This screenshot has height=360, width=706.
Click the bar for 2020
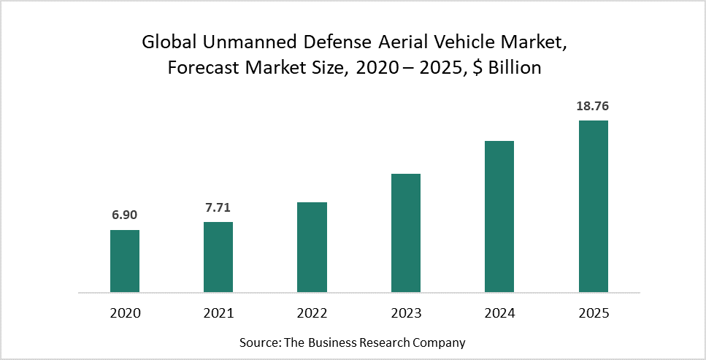coord(125,261)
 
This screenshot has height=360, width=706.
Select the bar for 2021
coord(218,257)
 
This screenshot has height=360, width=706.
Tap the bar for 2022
coord(312,247)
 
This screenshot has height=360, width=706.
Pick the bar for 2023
coord(406,233)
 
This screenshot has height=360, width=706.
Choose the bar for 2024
coord(499,216)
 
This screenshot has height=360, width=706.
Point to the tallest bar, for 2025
coord(593,206)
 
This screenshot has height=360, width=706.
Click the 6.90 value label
coord(125,215)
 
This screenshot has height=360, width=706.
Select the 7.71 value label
coord(218,207)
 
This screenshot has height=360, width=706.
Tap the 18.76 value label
coord(593,106)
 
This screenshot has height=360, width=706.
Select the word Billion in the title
coord(515,69)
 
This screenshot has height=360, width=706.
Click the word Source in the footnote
coord(258,342)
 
